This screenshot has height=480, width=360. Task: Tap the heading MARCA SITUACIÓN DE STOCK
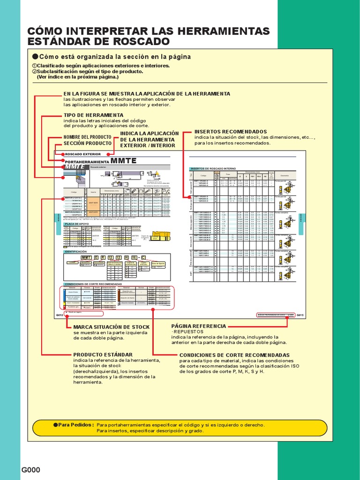pos(112,327)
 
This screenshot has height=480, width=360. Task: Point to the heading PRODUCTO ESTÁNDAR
pos(103,354)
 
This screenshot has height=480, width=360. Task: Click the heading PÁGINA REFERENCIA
pos(199,326)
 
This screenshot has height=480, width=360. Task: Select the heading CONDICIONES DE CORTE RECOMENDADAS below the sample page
pos(234,355)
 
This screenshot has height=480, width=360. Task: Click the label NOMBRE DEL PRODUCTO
pos(87,137)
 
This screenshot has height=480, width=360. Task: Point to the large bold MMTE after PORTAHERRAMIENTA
pos(124,161)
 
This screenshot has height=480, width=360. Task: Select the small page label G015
pos(300,315)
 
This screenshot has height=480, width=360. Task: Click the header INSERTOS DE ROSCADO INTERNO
pos(212,168)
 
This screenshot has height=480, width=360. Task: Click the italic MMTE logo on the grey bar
pos(75,167)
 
